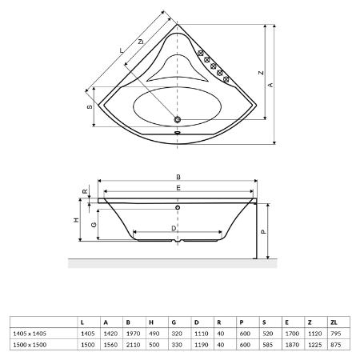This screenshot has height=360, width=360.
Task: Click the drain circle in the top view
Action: pos(178,119)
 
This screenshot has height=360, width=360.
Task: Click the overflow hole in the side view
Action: pos(178,207)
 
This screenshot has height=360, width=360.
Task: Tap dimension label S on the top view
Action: pos(90,106)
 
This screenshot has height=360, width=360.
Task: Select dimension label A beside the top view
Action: pos(270,85)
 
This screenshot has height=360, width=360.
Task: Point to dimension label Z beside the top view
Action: pos(261,73)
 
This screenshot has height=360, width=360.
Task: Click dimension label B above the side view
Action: pos(178,177)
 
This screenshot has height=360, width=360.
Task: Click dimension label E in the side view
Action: pos(178,188)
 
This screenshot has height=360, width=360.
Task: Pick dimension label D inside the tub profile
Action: pos(174,228)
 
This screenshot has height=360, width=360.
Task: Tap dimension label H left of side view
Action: pos(77,220)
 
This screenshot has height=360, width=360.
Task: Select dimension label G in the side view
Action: pos(94,225)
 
